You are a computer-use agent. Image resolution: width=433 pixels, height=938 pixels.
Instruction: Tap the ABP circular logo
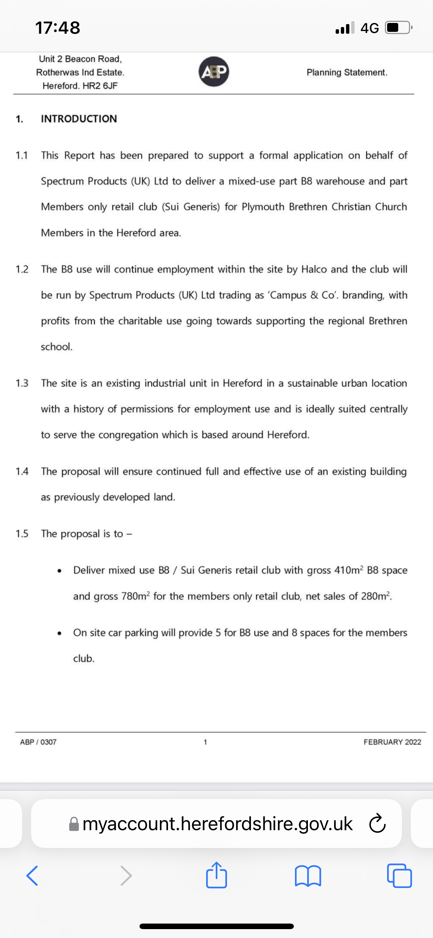click(214, 71)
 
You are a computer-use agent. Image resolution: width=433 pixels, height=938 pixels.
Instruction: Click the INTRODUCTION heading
click(79, 119)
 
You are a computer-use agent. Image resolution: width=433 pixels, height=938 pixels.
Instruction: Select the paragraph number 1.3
click(22, 383)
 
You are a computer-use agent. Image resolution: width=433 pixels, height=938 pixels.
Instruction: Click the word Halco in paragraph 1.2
click(314, 269)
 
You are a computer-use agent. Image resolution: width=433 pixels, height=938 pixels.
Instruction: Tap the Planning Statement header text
click(347, 72)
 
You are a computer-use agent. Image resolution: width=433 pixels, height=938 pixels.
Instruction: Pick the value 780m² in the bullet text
click(135, 596)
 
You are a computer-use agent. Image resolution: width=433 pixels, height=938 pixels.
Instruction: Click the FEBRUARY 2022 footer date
click(392, 742)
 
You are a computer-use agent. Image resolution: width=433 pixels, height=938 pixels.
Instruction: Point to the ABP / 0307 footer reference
click(38, 742)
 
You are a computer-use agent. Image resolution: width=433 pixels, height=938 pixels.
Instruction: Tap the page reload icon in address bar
click(377, 824)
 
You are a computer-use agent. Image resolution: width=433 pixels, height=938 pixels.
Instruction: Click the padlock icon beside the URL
click(74, 824)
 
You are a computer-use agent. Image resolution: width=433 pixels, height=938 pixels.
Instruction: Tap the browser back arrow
click(32, 875)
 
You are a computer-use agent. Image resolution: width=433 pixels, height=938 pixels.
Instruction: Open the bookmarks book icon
click(308, 876)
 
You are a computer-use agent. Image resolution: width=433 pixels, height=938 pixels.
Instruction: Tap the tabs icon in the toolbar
click(399, 876)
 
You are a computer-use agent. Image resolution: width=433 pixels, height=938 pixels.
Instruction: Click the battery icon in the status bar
click(398, 28)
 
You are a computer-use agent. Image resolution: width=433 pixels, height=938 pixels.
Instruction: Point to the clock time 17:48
click(58, 28)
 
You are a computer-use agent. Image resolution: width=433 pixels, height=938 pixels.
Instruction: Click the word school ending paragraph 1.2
click(56, 347)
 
